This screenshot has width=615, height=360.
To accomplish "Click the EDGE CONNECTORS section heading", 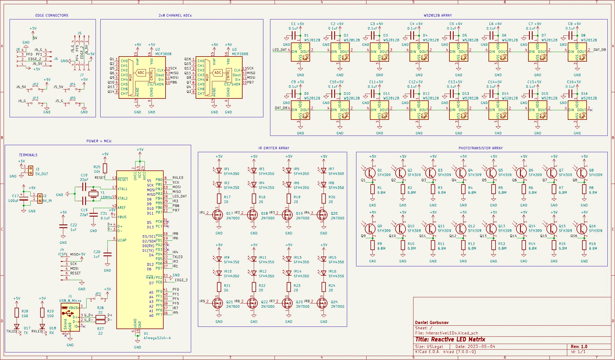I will point(52,15).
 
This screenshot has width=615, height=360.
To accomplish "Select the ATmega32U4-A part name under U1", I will point(157,338).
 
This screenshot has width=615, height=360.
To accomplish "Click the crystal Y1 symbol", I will point(93,193).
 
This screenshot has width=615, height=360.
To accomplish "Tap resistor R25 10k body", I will point(105,168).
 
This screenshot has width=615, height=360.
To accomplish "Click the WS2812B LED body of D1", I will point(300,52).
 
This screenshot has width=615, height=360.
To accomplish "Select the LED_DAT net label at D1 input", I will point(279,50).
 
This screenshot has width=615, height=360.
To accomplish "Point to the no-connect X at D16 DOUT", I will point(591,110).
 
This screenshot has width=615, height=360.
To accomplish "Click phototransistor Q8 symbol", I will point(582,173).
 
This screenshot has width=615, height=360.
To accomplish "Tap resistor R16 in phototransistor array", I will point(584,245).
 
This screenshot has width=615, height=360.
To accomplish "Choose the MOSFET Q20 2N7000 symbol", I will point(322,215).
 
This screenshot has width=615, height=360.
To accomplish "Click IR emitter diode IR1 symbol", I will point(219,170).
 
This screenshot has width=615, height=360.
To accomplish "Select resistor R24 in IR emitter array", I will point(324,287).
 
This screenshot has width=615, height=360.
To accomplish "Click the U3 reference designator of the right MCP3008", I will point(234,49).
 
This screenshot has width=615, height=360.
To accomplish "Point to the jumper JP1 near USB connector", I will point(98,298).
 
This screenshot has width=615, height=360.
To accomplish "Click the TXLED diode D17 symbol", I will point(17,327).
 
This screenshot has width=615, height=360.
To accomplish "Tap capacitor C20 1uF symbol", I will point(107,254).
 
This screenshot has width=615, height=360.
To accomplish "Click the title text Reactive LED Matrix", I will point(450,339).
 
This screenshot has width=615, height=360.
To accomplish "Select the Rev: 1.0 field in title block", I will point(579,346).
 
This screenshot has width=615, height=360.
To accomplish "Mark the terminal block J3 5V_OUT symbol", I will point(30,170).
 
